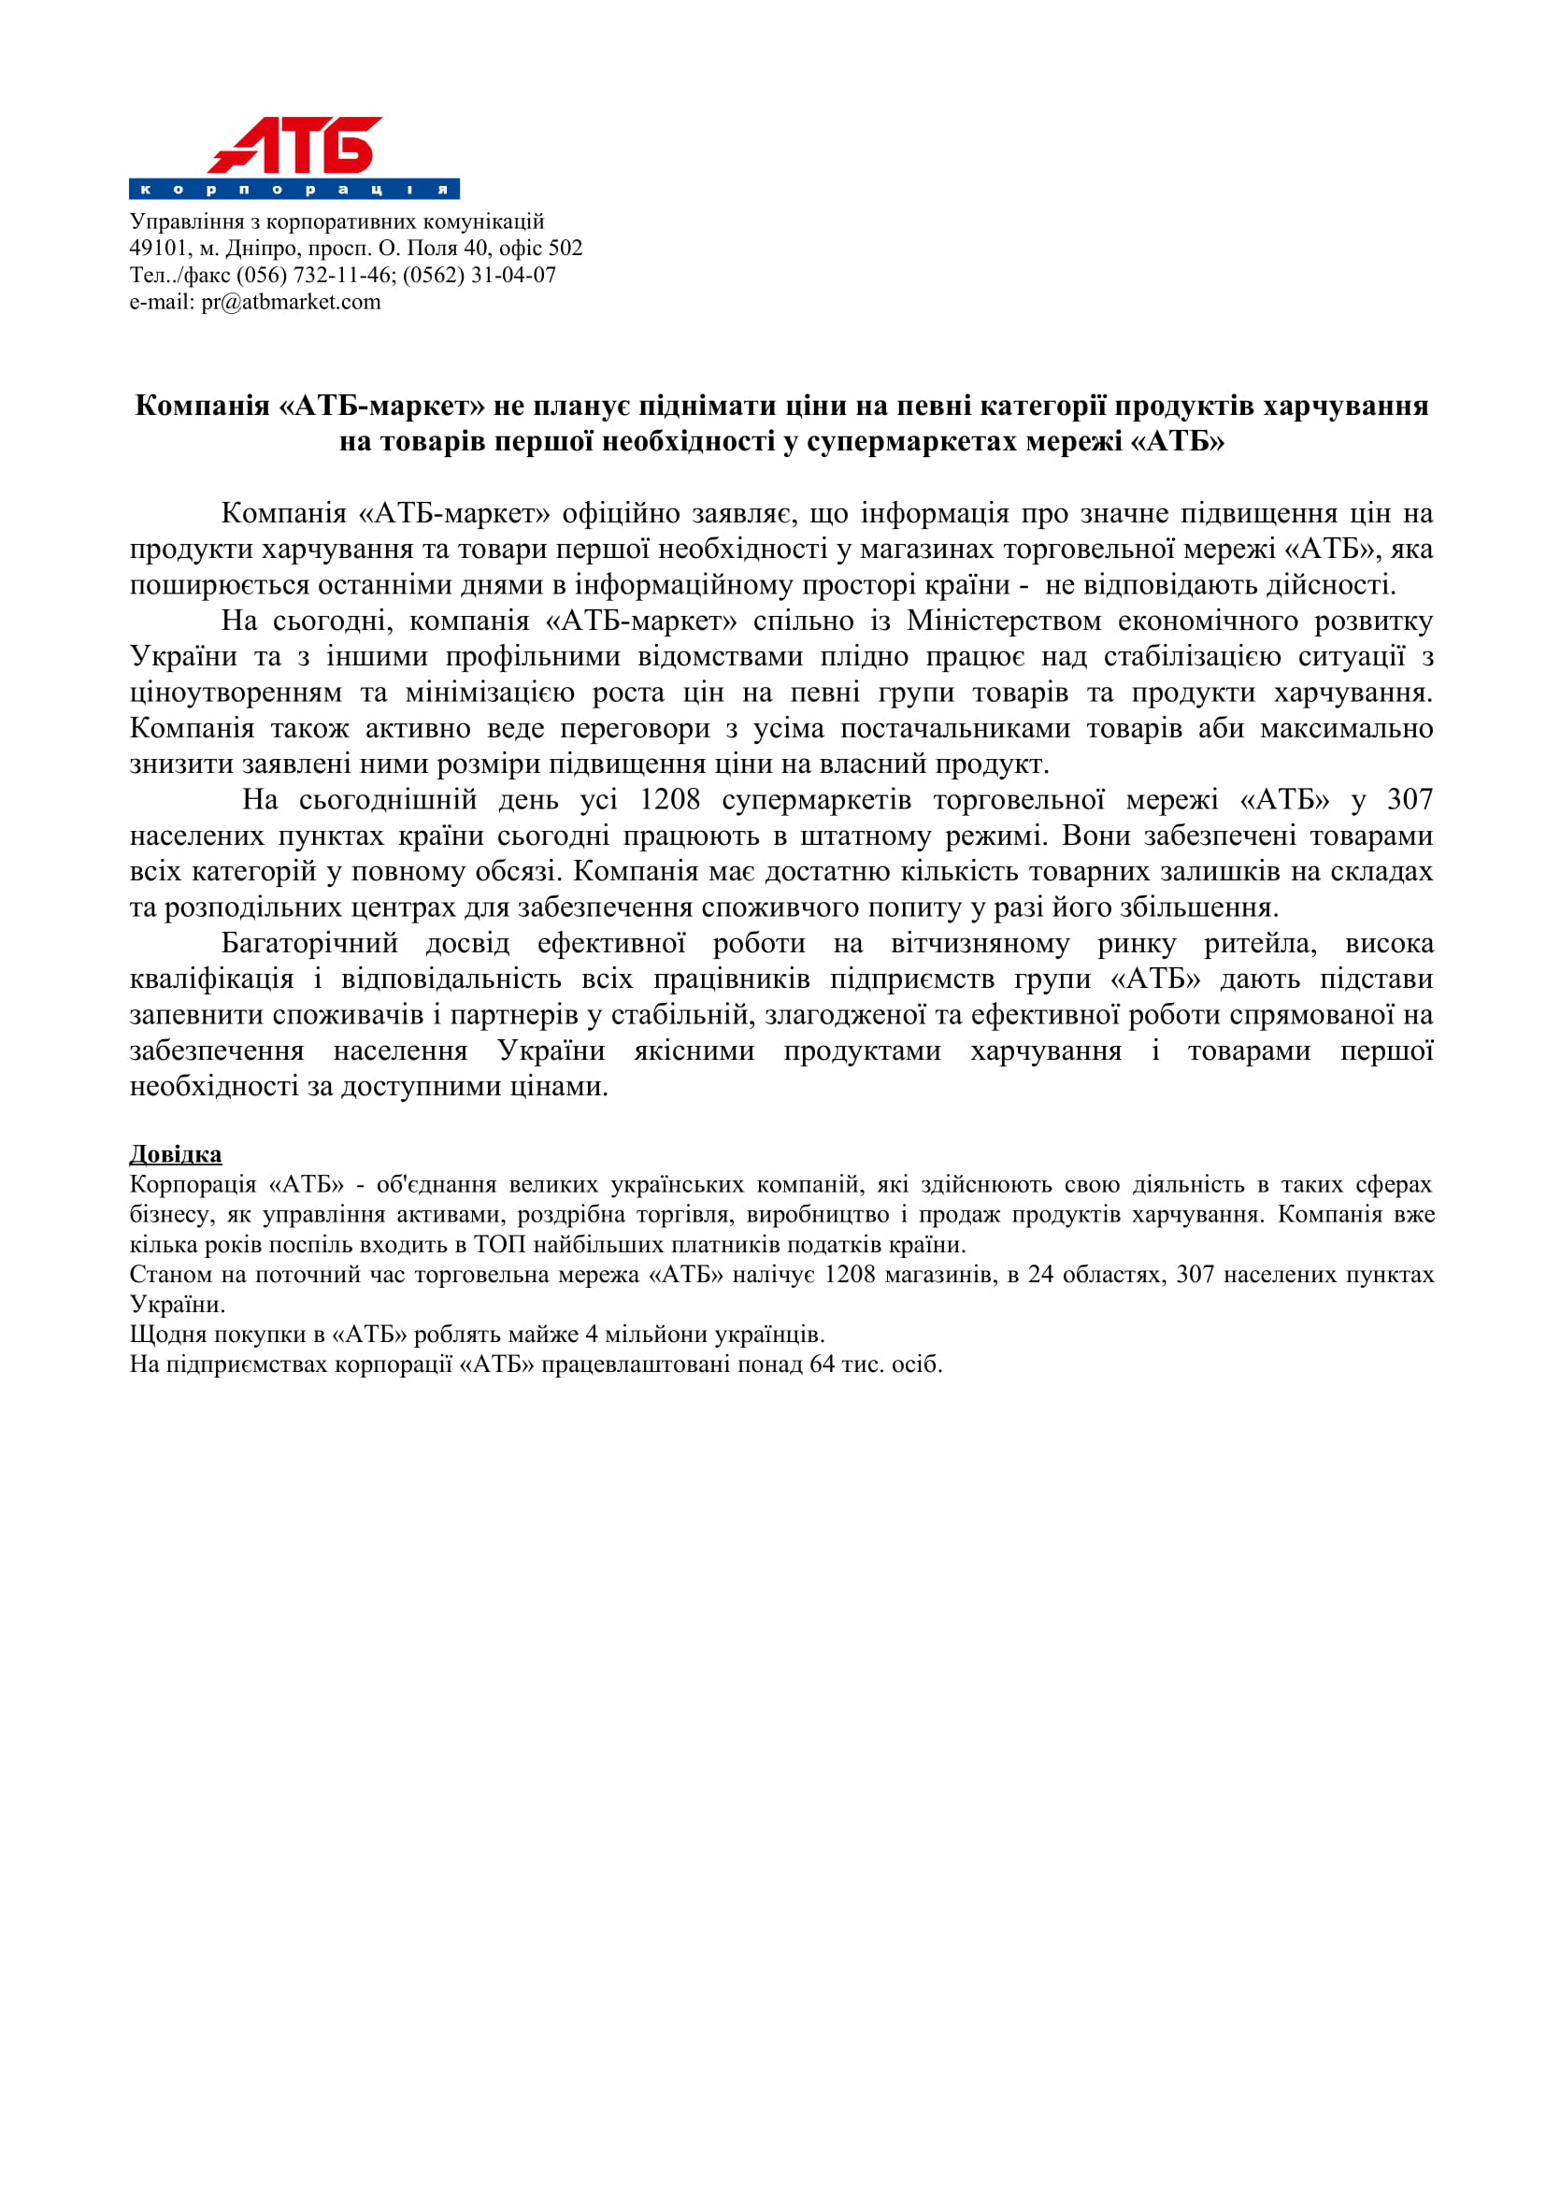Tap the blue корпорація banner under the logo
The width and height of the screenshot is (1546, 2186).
[x=294, y=189]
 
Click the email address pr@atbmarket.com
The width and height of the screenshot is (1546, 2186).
[x=291, y=302]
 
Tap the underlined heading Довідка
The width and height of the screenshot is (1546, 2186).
[x=175, y=1154]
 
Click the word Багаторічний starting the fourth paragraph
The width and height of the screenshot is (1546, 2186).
[x=309, y=944]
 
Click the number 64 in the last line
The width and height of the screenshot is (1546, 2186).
[x=822, y=1364]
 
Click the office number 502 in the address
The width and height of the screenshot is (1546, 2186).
[x=565, y=249]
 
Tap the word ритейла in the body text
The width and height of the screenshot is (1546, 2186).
[x=1259, y=944]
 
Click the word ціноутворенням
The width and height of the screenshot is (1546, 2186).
[x=236, y=693]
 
